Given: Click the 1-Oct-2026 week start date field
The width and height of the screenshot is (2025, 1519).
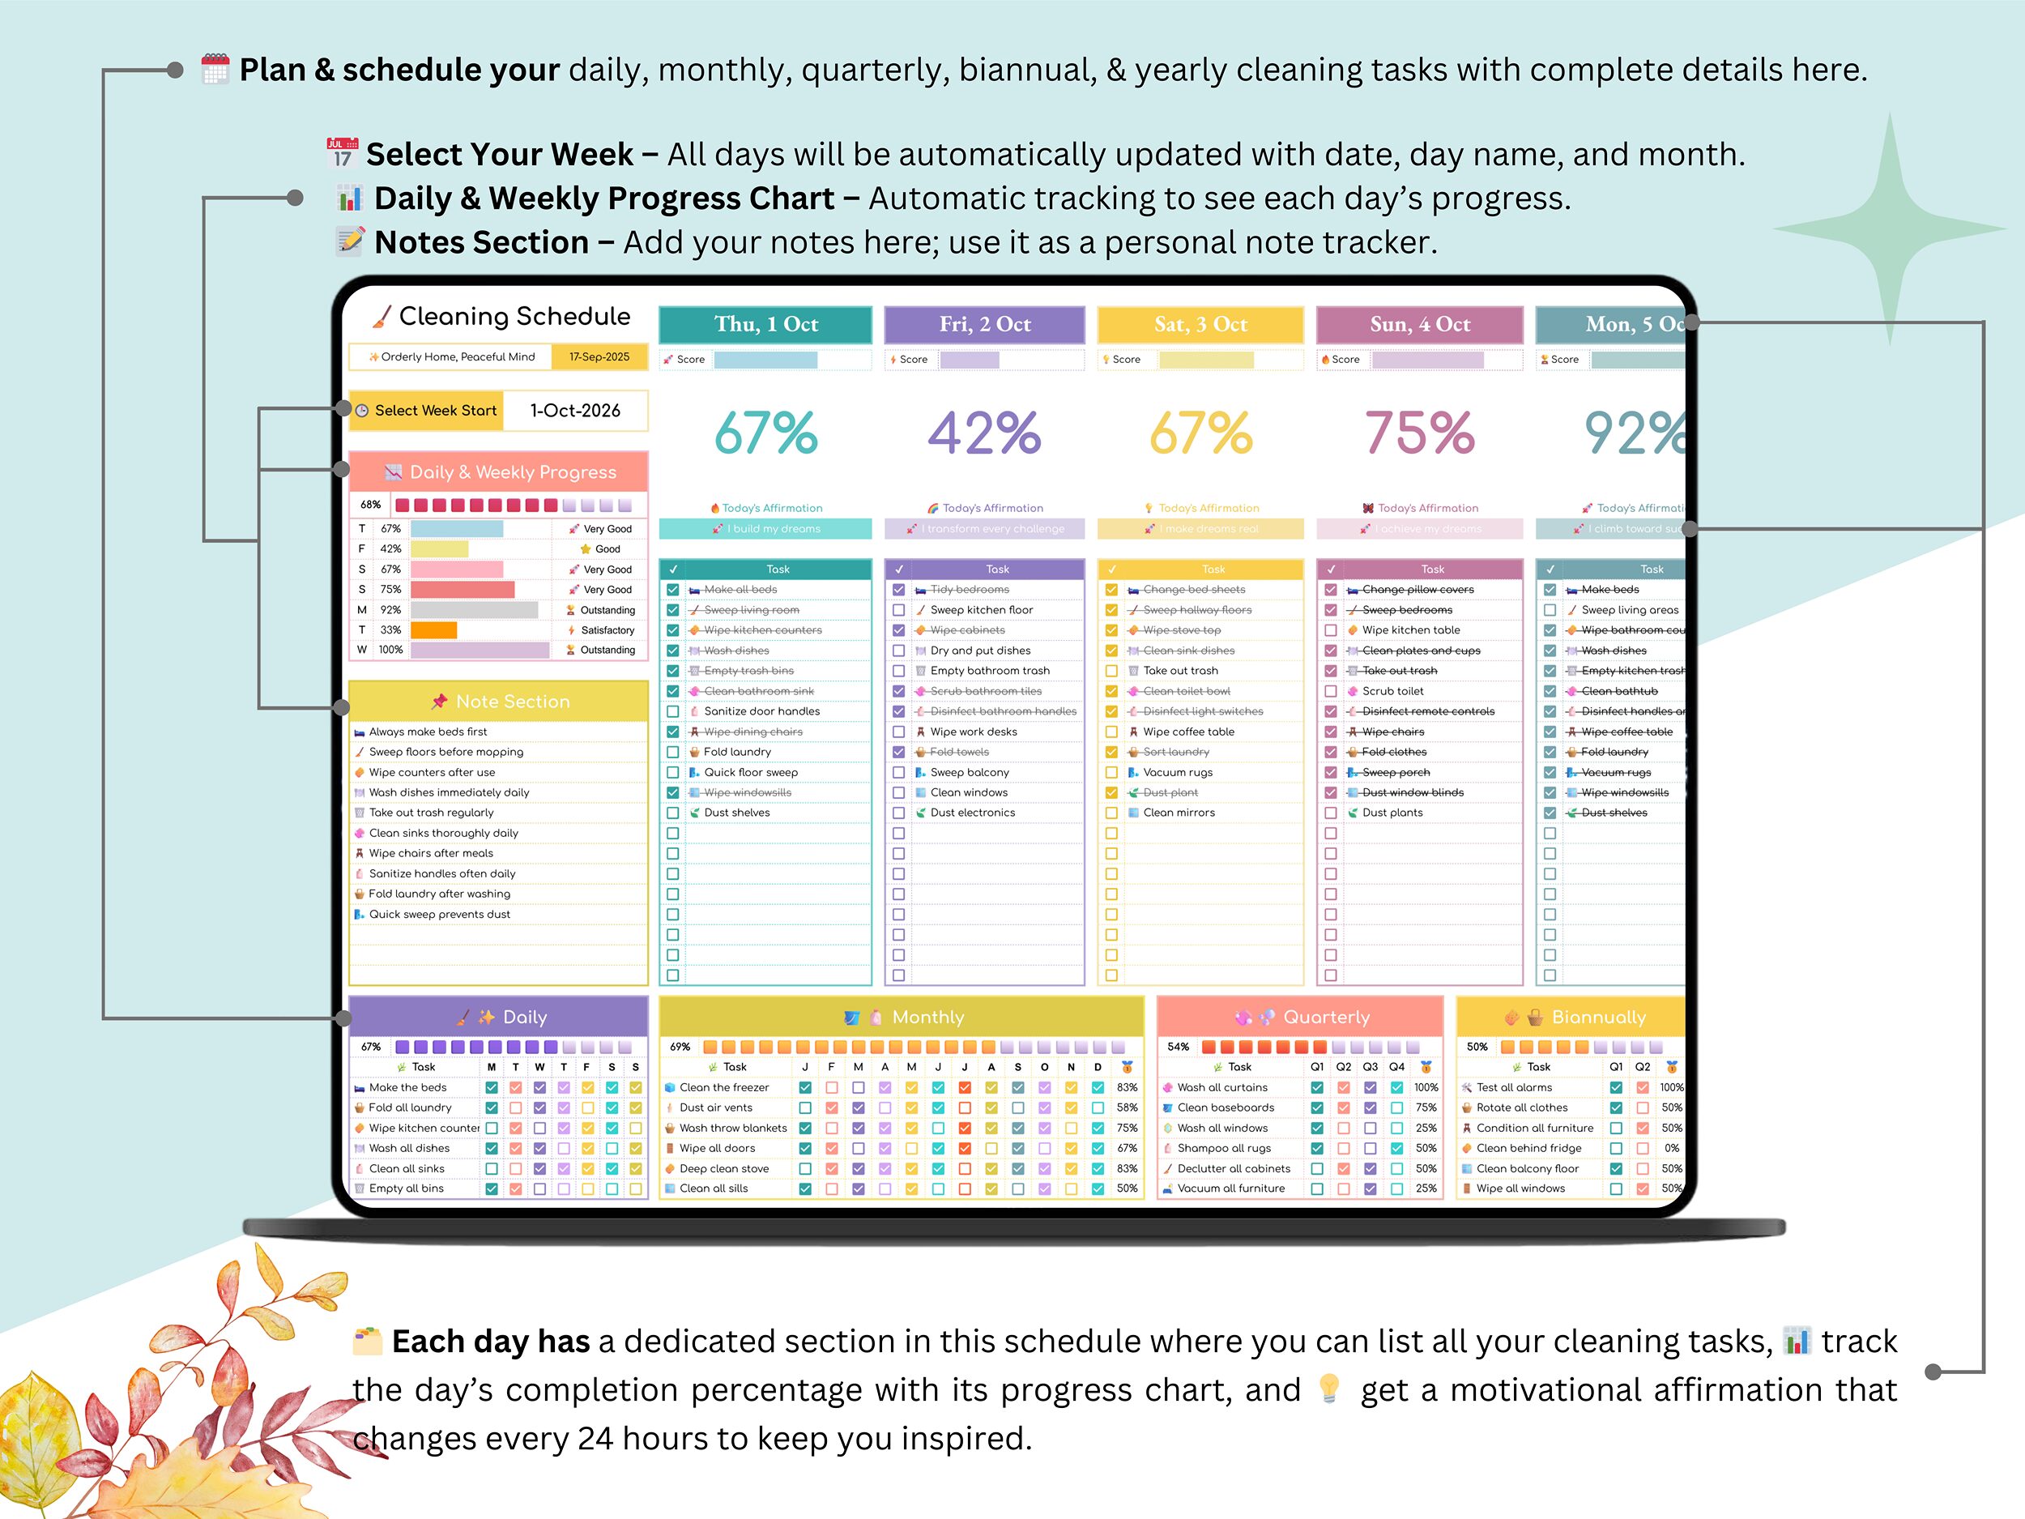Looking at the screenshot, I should [x=575, y=410].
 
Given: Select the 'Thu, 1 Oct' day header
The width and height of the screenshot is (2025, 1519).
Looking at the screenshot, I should [x=765, y=324].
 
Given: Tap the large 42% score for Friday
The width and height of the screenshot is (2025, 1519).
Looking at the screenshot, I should [x=984, y=433].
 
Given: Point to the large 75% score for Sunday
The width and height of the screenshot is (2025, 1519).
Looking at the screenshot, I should [x=1419, y=433].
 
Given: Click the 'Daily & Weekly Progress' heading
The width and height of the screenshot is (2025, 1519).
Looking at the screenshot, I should [x=512, y=472].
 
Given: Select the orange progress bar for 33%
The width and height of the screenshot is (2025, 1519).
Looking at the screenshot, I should [x=433, y=630].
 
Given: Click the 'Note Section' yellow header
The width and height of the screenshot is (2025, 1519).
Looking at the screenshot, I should [x=499, y=702].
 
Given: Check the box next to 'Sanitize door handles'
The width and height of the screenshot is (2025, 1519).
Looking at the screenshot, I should [x=673, y=711].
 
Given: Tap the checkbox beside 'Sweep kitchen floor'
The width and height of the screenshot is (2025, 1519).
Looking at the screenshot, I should [x=898, y=610].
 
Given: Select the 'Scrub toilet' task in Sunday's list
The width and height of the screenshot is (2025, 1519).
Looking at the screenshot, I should [x=1392, y=691].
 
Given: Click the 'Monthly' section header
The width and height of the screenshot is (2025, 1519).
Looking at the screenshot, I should [x=927, y=1018].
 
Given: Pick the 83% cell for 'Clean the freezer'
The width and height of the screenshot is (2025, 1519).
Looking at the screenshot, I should [x=1127, y=1088].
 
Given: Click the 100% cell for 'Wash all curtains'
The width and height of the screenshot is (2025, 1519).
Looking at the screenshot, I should [x=1426, y=1088].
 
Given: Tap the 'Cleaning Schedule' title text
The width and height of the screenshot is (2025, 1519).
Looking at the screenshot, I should [x=514, y=317].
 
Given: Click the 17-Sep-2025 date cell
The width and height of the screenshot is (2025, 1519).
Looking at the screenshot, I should [x=599, y=357].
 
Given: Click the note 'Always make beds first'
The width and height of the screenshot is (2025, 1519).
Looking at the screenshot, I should [x=428, y=732].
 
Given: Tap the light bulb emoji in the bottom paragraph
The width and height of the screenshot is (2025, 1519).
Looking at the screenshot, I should [x=1329, y=1389].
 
